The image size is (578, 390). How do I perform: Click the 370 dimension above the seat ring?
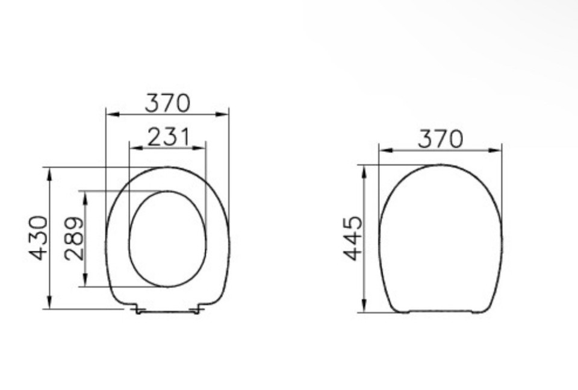pyautogui.click(x=167, y=103)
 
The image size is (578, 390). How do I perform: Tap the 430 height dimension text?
pyautogui.click(x=39, y=237)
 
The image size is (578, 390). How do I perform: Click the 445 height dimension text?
pyautogui.click(x=353, y=238)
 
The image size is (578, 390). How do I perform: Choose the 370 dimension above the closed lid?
pyautogui.click(x=441, y=139)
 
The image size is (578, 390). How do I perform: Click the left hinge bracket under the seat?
pyautogui.click(x=138, y=310)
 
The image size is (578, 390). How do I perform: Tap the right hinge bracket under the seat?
pyautogui.click(x=196, y=310)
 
